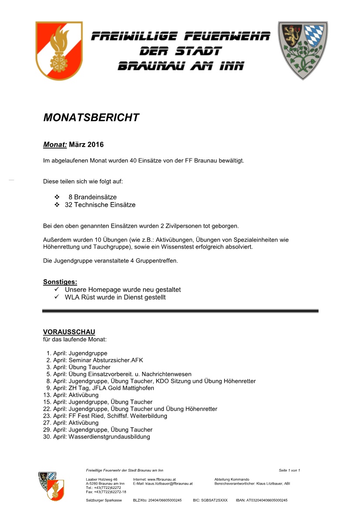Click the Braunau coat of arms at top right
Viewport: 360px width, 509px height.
coord(303,50)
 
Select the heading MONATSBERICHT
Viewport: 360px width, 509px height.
coord(91,118)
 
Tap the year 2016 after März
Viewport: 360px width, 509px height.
coord(95,144)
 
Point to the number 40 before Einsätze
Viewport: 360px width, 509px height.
coord(133,161)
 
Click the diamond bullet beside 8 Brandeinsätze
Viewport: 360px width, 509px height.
coord(57,197)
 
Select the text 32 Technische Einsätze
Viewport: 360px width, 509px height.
coord(100,205)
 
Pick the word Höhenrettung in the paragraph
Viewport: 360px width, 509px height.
coord(61,247)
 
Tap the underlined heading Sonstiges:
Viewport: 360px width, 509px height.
coord(60,282)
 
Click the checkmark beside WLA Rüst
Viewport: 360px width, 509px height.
coord(57,297)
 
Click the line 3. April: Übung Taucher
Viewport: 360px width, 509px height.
coord(78,367)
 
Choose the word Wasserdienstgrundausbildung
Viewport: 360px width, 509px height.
coord(109,437)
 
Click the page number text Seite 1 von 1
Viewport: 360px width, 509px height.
coord(289,470)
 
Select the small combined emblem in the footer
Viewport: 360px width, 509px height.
coord(51,485)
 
